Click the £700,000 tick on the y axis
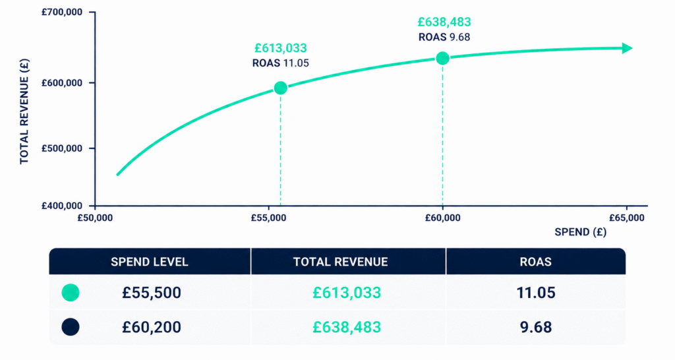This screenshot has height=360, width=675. pos(61,12)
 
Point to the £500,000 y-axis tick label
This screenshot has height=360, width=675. pos(61,148)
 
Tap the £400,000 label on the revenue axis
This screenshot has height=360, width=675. pos(61,206)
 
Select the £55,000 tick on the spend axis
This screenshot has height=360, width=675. pos(269,218)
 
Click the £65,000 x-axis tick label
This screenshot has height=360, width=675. pos(627,218)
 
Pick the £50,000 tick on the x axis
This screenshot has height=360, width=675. pos(95,218)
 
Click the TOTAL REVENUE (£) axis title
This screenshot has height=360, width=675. pos(24,111)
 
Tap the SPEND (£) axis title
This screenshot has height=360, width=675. pos(580,232)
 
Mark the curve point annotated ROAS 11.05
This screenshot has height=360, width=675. pos(281,88)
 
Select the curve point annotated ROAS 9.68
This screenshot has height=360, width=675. pos(442,58)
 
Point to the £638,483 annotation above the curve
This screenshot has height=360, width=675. pos(444,22)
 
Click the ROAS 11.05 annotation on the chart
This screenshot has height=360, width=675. pos(281,63)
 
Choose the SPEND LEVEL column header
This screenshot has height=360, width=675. pos(150,262)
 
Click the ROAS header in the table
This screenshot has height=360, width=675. pos(535,262)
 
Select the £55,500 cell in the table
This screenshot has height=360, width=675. pos(152,293)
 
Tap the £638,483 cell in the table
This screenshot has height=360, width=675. pos(347,327)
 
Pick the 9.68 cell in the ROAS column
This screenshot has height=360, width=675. pos(536,327)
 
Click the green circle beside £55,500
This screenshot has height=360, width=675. pos(71,293)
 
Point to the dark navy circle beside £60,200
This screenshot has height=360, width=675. pos(71,327)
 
